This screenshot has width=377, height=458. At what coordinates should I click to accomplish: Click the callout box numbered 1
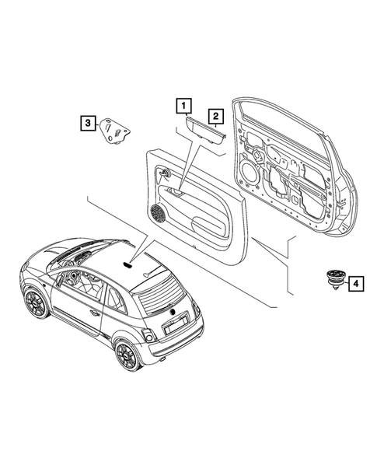[x=183, y=103]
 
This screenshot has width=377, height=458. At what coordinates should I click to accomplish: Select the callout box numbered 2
[x=215, y=116]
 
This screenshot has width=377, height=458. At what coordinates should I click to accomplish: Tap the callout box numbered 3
[x=88, y=122]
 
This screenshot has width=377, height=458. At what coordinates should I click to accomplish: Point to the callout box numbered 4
[x=354, y=285]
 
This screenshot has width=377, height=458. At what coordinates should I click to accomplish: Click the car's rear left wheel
[x=125, y=356]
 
